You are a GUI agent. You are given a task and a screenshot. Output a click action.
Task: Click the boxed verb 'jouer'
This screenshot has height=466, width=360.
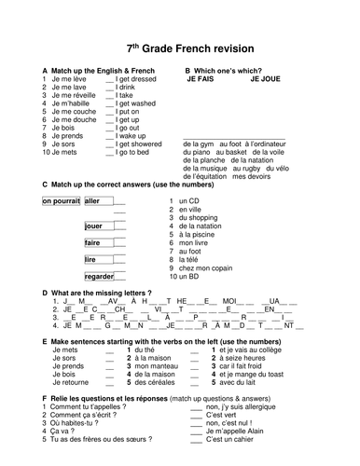pyautogui.click(x=93, y=226)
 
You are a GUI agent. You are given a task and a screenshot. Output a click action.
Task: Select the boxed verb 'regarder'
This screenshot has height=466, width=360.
pyautogui.click(x=98, y=276)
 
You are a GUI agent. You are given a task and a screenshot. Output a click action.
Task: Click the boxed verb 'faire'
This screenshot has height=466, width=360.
pyautogui.click(x=91, y=242)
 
